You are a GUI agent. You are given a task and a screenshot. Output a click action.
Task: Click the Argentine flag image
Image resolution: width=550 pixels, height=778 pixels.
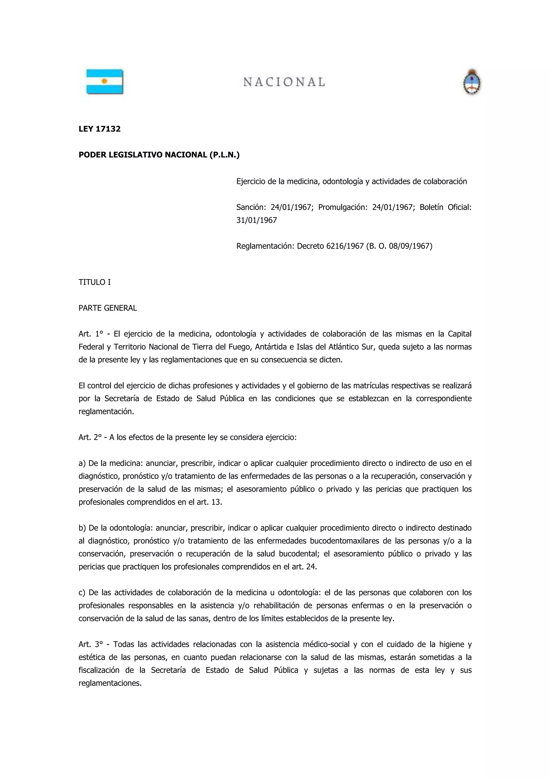[x=105, y=81]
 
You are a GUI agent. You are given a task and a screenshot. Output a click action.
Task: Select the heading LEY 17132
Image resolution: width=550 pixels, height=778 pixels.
[x=100, y=129]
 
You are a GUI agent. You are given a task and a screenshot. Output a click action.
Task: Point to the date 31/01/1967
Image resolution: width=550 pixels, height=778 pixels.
[x=256, y=220]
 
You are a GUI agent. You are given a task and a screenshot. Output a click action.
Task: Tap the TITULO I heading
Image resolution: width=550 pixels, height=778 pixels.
[x=95, y=282]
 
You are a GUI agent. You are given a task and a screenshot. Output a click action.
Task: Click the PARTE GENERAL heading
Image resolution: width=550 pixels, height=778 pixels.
[x=108, y=308]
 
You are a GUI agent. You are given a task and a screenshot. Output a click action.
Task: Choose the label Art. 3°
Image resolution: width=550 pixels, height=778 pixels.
[x=91, y=644]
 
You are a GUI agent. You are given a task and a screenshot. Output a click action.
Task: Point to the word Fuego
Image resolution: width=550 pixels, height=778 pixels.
[x=230, y=347]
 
